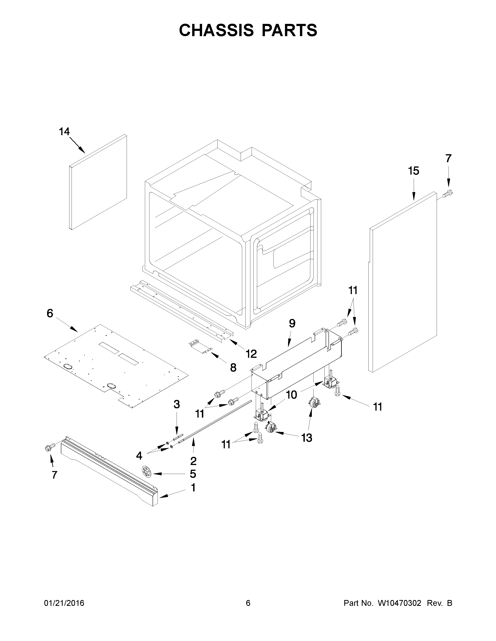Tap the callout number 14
click(x=64, y=132)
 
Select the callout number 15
click(x=414, y=171)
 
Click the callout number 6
click(x=50, y=314)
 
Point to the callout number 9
click(x=292, y=323)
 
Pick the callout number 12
click(x=251, y=354)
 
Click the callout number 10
click(x=292, y=395)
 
